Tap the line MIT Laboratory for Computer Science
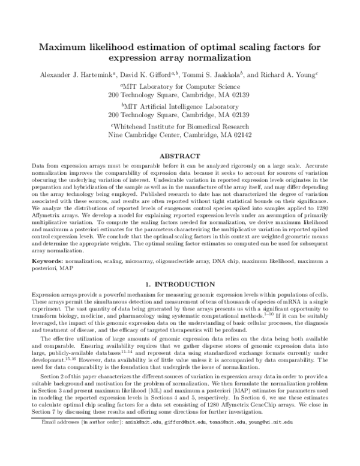pyautogui.click(x=180, y=87)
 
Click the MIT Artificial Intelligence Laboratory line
pyautogui.click(x=180, y=106)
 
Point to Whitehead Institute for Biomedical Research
pyautogui.click(x=180, y=127)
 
